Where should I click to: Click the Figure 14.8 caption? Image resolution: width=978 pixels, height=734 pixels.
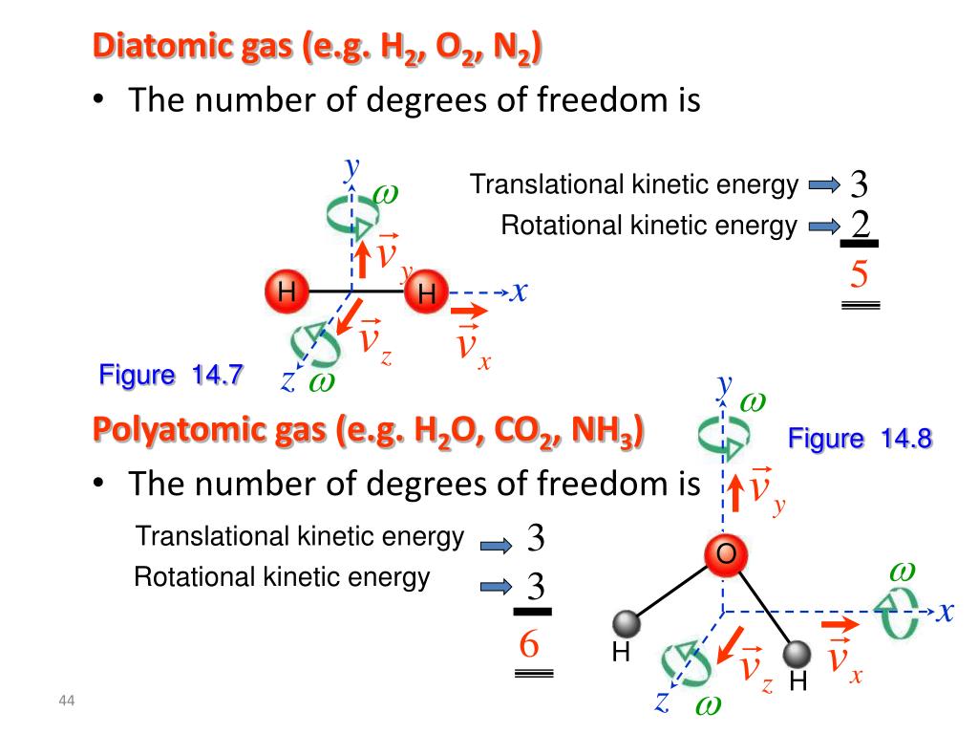[860, 439]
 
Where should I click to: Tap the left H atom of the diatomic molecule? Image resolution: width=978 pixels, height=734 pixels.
[285, 291]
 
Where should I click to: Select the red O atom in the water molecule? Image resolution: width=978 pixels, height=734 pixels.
[725, 554]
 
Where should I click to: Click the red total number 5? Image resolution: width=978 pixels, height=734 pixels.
[859, 276]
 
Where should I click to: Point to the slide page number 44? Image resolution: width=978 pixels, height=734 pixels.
[66, 703]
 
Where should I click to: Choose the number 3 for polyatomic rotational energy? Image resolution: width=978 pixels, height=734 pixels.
[535, 584]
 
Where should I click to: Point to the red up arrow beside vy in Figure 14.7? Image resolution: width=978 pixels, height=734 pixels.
[364, 256]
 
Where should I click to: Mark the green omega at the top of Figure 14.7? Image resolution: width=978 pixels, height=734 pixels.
[386, 192]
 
